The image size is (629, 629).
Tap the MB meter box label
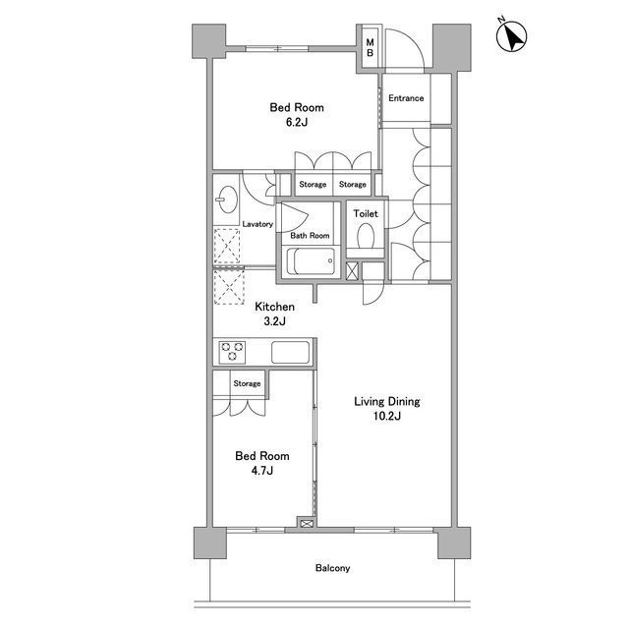coord(370,47)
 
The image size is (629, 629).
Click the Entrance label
coord(406,98)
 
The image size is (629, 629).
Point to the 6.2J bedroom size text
coord(297,122)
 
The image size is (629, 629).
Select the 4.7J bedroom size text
coord(262,470)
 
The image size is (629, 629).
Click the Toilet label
coord(366,213)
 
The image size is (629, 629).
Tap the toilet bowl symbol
coord(366,236)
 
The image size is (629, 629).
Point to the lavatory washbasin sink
coord(226,200)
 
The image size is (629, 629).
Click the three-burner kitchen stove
coord(232,352)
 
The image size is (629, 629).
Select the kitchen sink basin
coord(291,352)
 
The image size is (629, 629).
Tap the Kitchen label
coord(275,307)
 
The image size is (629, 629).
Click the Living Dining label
coord(386,401)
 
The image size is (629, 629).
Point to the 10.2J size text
coord(386,416)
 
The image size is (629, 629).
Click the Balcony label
coord(332,568)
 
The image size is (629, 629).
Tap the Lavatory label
coord(257,224)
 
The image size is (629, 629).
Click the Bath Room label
coord(310,236)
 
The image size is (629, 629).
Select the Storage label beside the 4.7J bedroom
coord(247,383)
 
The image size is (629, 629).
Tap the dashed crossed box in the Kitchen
coord(229,286)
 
